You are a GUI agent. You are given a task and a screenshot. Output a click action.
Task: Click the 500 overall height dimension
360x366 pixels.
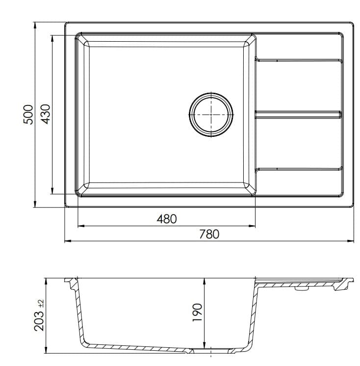point(28,114)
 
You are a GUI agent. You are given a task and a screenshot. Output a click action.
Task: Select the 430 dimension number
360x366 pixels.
point(45,114)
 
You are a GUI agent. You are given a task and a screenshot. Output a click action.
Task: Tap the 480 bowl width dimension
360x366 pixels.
point(166,219)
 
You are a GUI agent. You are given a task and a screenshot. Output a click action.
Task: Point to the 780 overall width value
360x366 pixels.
point(209,234)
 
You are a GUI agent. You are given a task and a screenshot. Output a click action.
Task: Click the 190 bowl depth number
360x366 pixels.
point(197,312)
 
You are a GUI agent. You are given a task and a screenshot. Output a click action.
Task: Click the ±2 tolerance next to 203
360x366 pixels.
point(41,303)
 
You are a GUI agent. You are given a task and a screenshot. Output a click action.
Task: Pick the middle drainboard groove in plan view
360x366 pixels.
point(298,114)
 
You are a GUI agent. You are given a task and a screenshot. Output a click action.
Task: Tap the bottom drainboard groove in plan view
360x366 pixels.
point(298,169)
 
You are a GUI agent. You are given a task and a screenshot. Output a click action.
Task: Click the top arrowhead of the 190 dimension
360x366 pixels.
point(204,280)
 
